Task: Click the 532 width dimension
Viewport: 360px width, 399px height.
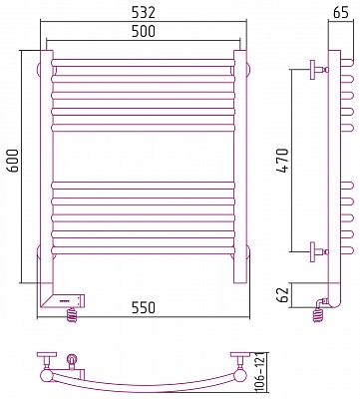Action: pos(144,13)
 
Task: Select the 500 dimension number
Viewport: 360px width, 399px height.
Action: pos(144,31)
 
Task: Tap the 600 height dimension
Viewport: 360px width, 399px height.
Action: pos(13,161)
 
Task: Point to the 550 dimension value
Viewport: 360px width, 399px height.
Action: pos(144,307)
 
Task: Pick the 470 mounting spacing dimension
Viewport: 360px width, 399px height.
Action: pos(283,161)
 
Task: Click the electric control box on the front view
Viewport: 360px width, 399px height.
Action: pos(69,300)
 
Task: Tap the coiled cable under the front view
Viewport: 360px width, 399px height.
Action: pos(72,314)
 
